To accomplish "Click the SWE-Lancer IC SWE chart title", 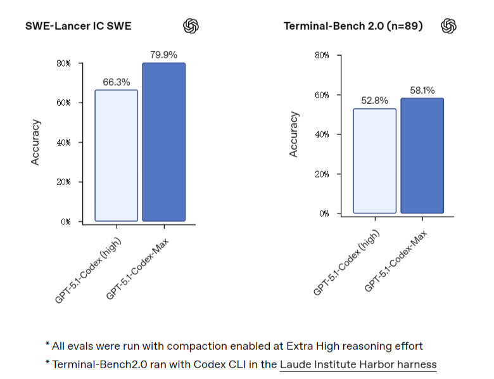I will click(x=84, y=26).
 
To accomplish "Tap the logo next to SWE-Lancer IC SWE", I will click(x=191, y=26).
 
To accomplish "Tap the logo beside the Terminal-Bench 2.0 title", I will click(x=449, y=25).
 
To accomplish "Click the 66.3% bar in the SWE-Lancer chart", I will click(x=116, y=155).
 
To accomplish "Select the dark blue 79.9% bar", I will click(x=163, y=142).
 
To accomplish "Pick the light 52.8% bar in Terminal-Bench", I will click(x=374, y=161).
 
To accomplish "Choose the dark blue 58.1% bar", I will click(x=422, y=156).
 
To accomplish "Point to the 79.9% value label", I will click(x=163, y=55).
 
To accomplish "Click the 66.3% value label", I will click(x=116, y=82).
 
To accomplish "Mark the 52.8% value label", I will click(x=374, y=100).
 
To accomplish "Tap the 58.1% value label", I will click(x=422, y=90).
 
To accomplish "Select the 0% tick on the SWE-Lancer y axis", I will click(x=65, y=222).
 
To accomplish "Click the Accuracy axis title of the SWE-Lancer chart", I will click(x=36, y=143).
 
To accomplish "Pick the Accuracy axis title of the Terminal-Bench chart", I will click(x=294, y=134).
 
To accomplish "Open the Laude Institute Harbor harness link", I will click(x=358, y=364).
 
